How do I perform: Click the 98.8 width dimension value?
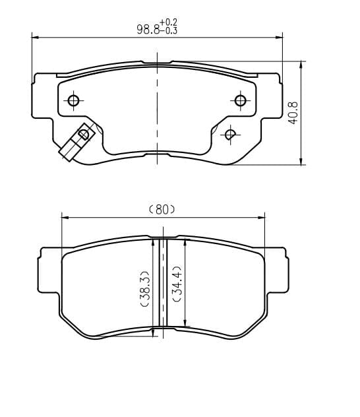147,29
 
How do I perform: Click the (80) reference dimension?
162,209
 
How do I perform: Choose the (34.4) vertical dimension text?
177,284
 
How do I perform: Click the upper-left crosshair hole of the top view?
73,100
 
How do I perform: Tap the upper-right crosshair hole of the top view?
240,100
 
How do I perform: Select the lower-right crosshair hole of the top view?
229,134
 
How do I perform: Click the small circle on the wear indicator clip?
84,134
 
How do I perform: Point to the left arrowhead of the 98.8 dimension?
34,38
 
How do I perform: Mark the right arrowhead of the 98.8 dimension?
280,38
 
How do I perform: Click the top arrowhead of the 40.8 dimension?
301,64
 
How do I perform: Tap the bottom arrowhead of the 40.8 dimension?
301,162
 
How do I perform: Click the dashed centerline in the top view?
157,112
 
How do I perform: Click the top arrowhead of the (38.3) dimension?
154,241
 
